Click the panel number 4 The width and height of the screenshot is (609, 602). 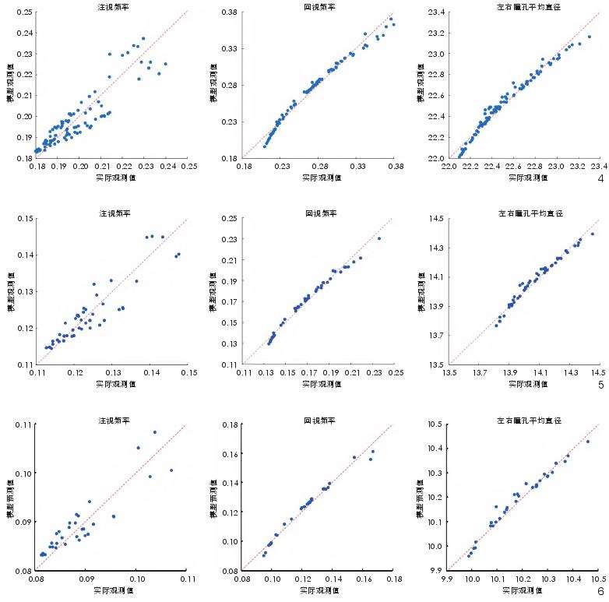click(600, 178)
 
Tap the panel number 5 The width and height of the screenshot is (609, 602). click(600, 384)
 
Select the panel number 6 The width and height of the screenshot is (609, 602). click(600, 591)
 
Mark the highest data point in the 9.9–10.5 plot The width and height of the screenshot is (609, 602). click(587, 442)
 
